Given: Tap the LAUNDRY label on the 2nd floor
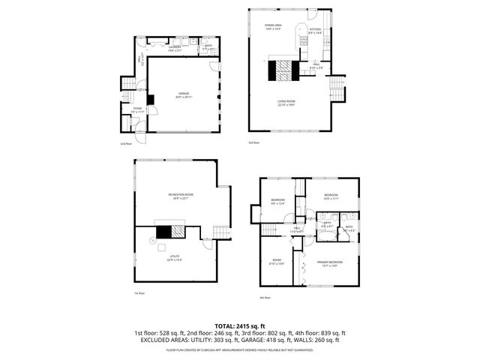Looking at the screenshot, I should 175,47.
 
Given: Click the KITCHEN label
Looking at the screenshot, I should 315,31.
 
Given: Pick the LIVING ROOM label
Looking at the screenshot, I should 286,103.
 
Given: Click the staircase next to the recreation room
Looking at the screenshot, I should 220,232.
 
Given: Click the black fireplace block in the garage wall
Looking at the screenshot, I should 151,99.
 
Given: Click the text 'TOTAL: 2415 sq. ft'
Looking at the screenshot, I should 240,326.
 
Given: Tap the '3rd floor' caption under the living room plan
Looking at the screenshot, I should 253,142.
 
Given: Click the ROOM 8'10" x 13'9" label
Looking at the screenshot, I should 277,262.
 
